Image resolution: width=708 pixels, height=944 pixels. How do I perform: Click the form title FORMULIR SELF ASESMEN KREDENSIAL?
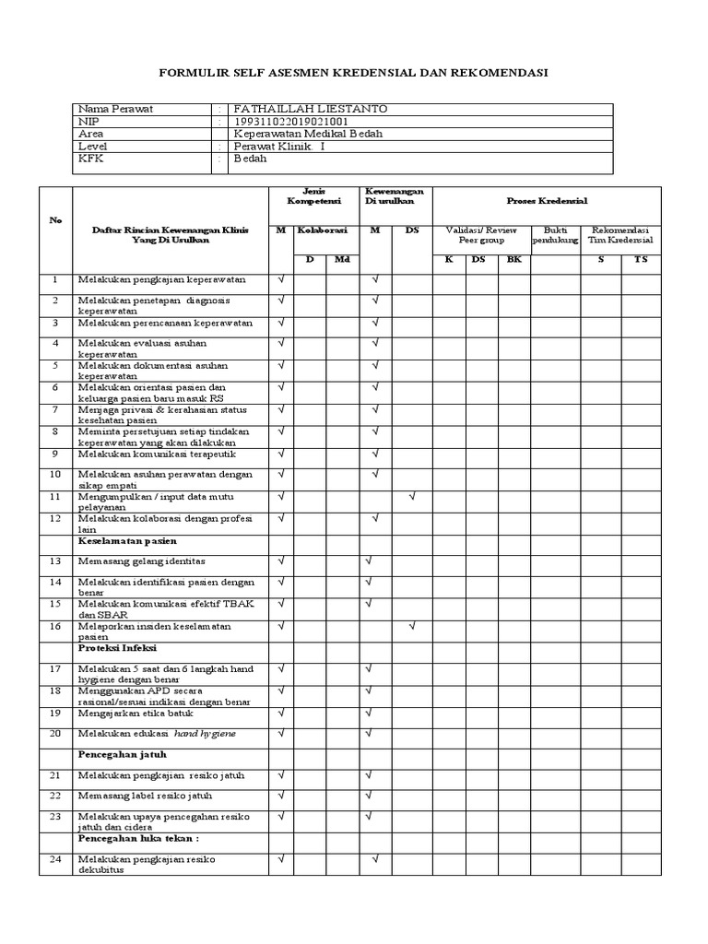(x=354, y=72)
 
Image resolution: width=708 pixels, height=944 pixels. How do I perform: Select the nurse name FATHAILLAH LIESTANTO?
(x=310, y=109)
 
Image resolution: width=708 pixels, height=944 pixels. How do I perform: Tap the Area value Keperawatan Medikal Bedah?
(x=308, y=134)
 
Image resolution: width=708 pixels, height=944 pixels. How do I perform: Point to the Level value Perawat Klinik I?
(x=278, y=146)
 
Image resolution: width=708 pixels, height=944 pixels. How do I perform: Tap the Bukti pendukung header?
(x=555, y=234)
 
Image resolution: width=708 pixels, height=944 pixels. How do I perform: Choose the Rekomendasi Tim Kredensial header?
(x=621, y=234)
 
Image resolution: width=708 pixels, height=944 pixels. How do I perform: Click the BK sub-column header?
(x=513, y=260)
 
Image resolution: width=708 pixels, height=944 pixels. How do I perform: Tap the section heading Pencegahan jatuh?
(x=122, y=753)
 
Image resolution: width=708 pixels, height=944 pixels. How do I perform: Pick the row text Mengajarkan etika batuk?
(x=130, y=713)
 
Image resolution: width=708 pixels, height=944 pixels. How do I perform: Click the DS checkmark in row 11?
(x=412, y=497)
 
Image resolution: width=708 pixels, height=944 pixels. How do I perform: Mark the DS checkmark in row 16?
(x=412, y=626)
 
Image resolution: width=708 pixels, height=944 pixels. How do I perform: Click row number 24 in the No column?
(x=54, y=859)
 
